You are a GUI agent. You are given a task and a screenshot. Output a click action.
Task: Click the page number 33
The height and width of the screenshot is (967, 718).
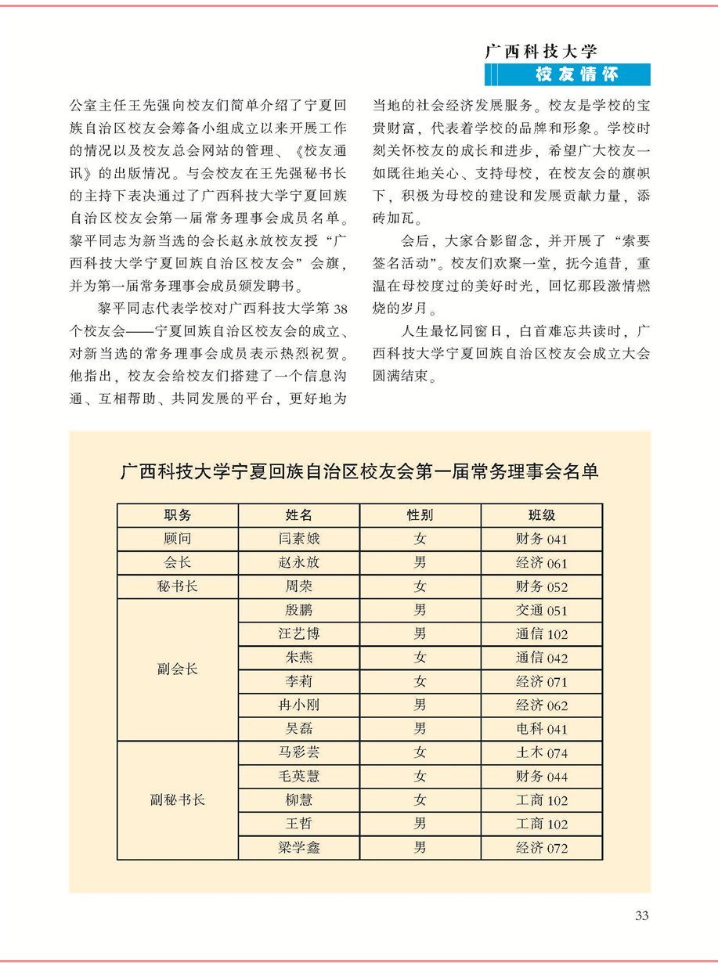point(642,916)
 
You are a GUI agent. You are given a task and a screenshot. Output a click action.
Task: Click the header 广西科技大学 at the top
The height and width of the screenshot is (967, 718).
point(542,52)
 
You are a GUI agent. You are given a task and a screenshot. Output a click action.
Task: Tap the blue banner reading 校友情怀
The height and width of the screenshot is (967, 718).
point(576,74)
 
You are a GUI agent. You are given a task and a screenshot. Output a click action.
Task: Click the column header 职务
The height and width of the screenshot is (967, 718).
point(177,515)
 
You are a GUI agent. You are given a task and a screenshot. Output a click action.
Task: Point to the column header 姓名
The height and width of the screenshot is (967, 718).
point(298,515)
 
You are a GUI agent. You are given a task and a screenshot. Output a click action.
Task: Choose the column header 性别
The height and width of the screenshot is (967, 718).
point(420,515)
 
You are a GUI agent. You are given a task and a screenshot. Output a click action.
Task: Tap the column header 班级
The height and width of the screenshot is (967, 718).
point(541,515)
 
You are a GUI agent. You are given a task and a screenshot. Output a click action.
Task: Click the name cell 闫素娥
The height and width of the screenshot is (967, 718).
point(298,539)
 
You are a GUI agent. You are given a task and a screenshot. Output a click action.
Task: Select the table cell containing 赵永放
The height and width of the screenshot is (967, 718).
point(298,563)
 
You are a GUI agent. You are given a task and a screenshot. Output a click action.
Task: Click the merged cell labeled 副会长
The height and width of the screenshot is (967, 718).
point(177,669)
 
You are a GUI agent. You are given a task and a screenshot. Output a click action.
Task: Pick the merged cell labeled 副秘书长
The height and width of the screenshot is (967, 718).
point(177,800)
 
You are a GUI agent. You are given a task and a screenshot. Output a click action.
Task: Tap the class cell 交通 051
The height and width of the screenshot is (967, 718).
point(541,611)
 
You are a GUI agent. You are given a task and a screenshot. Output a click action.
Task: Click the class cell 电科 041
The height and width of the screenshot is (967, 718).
point(541,729)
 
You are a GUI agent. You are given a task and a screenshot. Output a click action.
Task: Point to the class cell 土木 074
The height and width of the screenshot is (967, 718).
point(541,753)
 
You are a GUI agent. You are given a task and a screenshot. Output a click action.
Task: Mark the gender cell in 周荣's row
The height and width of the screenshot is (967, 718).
point(420,586)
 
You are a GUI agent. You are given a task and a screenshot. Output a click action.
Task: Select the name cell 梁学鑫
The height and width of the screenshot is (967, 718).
point(298,848)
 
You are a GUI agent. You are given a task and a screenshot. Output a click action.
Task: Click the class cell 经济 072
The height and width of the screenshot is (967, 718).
point(541,848)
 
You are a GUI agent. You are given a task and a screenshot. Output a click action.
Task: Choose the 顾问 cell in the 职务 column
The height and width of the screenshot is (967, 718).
point(177,539)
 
